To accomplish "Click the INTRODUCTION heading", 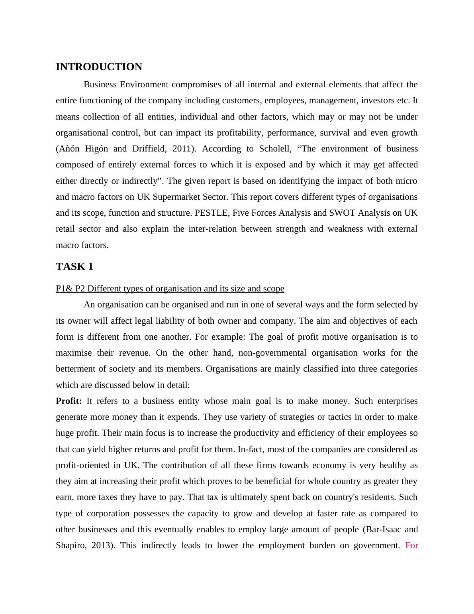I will tap(99, 67).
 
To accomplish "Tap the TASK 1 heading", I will tap(74, 267).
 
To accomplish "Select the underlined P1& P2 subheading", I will tap(170, 289).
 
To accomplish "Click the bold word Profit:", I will tap(69, 401).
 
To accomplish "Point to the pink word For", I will tap(411, 545).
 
